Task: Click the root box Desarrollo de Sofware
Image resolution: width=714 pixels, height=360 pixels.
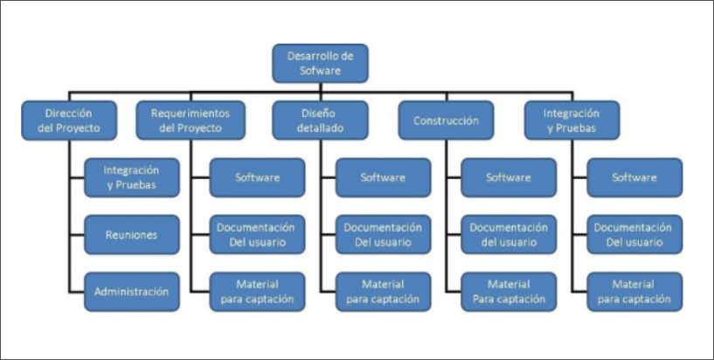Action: pyautogui.click(x=320, y=63)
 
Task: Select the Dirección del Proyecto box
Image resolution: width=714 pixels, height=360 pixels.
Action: pyautogui.click(x=69, y=121)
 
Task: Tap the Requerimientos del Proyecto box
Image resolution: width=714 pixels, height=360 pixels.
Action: pyautogui.click(x=190, y=121)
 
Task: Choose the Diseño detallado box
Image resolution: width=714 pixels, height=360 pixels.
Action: pyautogui.click(x=319, y=121)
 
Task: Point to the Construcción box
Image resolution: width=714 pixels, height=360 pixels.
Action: pyautogui.click(x=446, y=121)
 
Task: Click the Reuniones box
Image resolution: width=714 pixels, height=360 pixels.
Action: pyautogui.click(x=131, y=235)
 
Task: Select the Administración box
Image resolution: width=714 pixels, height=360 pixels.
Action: pyautogui.click(x=131, y=292)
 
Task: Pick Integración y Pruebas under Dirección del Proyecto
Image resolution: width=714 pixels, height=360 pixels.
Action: pyautogui.click(x=131, y=177)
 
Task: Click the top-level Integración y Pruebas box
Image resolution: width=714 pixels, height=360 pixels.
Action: pyautogui.click(x=572, y=121)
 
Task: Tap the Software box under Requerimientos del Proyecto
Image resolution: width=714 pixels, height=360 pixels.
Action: pyautogui.click(x=257, y=177)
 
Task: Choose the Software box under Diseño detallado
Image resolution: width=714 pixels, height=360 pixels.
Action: pyautogui.click(x=383, y=177)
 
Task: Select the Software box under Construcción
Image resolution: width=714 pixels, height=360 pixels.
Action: pyautogui.click(x=509, y=177)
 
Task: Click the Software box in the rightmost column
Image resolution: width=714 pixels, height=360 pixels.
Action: pyautogui.click(x=634, y=177)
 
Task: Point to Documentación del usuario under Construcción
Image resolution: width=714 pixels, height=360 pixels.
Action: pyautogui.click(x=509, y=235)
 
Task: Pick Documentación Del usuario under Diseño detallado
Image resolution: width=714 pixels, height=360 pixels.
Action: pyautogui.click(x=383, y=235)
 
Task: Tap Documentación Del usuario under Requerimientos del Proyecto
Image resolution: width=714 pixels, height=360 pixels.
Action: pyautogui.click(x=257, y=235)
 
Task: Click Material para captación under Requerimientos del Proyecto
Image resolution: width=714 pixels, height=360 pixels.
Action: pyautogui.click(x=257, y=292)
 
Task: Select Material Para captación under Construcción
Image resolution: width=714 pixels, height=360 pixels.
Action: pyautogui.click(x=509, y=292)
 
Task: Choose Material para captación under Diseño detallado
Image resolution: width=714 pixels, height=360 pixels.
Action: pyautogui.click(x=383, y=292)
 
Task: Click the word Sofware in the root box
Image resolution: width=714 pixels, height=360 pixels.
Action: pyautogui.click(x=320, y=71)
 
